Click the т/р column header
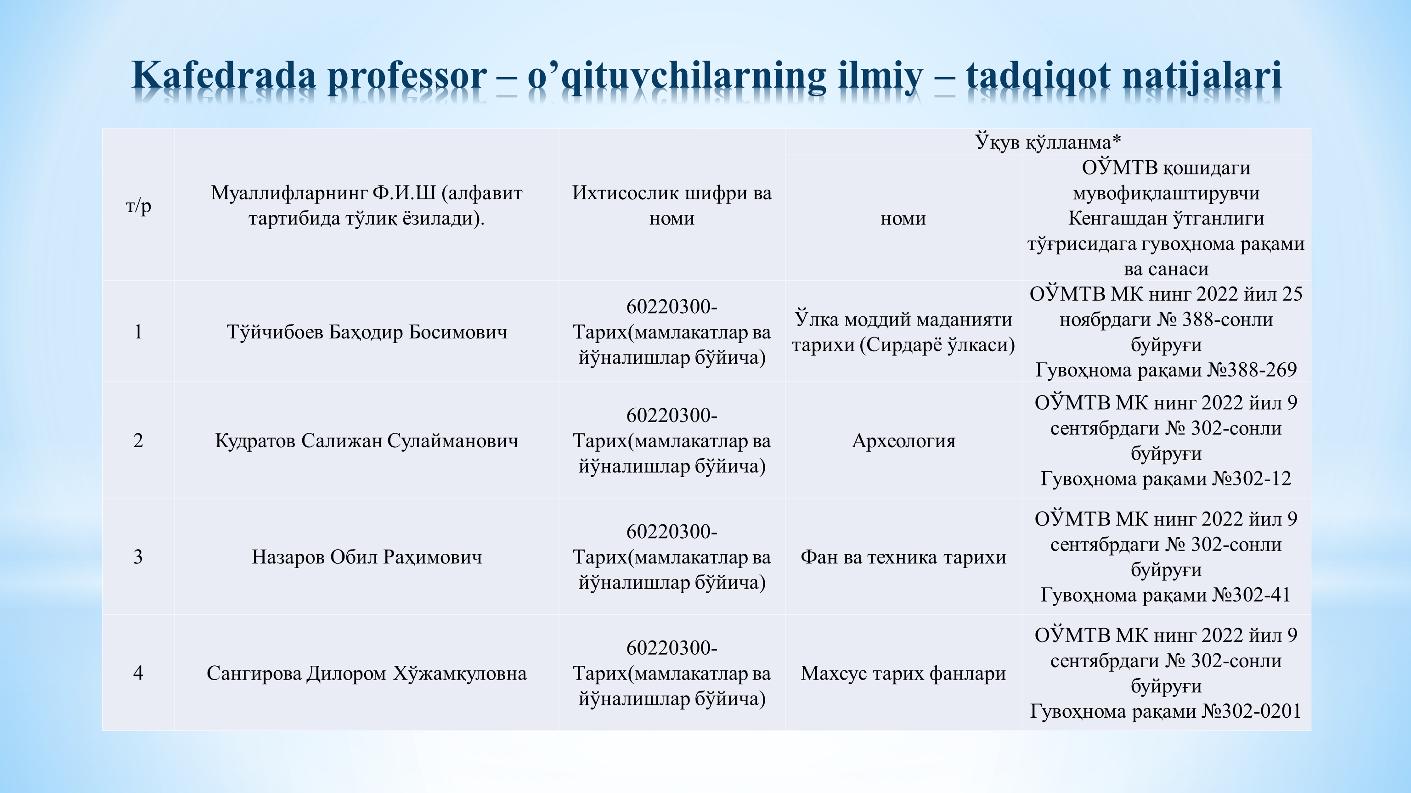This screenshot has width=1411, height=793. (138, 206)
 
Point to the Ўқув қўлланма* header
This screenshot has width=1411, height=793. (1048, 142)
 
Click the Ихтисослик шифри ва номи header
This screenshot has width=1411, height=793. (672, 205)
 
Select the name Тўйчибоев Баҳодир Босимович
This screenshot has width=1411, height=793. (367, 332)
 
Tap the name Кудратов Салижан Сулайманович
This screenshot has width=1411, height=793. (367, 441)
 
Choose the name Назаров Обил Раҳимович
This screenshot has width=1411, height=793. (367, 557)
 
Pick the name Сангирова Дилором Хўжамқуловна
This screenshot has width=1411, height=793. (367, 673)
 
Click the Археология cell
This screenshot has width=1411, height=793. (903, 441)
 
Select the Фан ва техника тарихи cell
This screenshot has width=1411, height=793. (903, 557)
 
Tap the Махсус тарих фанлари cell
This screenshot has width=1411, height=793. (903, 673)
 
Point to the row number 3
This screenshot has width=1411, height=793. (138, 557)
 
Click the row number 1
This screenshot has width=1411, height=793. (138, 332)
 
